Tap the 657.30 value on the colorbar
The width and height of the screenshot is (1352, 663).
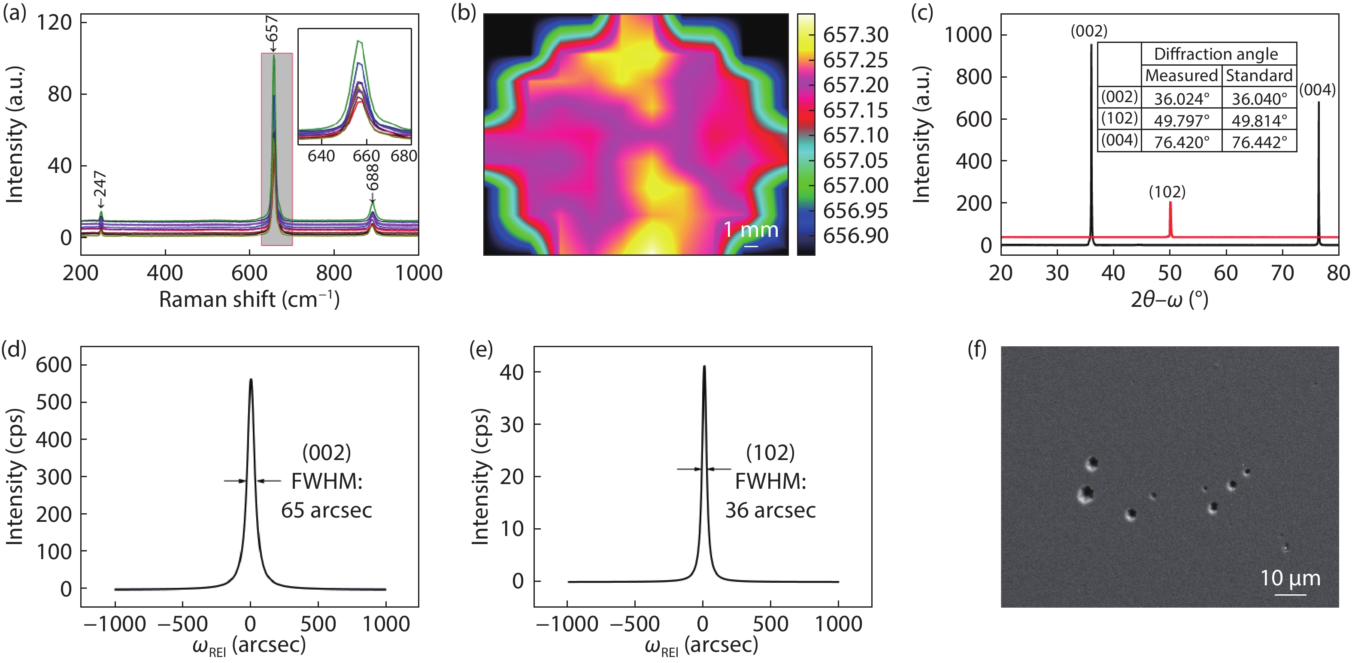(x=855, y=35)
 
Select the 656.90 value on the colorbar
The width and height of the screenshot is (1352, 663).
(x=855, y=236)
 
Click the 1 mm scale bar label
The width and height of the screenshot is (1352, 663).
(x=751, y=230)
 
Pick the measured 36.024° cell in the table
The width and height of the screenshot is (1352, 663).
(x=1182, y=99)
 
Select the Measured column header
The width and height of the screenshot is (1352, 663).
(x=1182, y=76)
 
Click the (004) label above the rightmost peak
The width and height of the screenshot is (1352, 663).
(x=1317, y=90)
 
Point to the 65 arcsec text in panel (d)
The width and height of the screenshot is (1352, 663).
(x=327, y=510)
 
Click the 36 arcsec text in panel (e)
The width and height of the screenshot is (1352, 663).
(x=770, y=510)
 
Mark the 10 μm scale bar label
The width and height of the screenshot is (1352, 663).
(x=1290, y=578)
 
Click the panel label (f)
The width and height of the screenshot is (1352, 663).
(x=977, y=350)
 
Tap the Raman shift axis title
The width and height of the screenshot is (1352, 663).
(x=249, y=300)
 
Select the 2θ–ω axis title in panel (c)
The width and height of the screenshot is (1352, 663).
(x=1169, y=300)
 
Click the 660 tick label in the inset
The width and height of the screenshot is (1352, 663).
(x=366, y=156)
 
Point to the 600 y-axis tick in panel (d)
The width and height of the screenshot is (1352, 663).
(x=54, y=365)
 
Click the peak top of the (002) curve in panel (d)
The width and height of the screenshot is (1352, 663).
(x=251, y=379)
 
